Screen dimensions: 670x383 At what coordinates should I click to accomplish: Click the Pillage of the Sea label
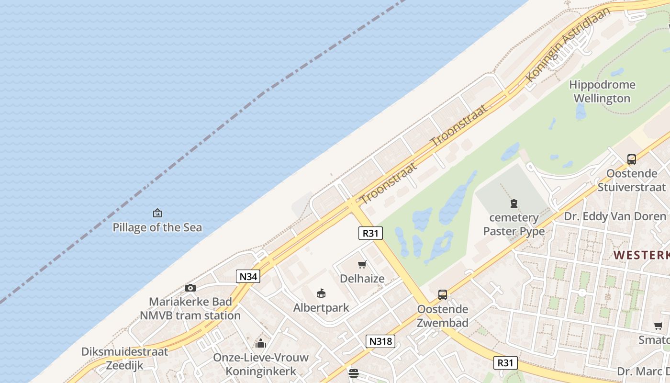coord(157,227)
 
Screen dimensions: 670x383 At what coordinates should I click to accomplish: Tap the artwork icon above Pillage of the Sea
coord(157,213)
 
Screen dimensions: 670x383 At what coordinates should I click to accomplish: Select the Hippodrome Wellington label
coord(602,91)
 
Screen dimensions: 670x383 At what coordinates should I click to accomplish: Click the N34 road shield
coord(248,276)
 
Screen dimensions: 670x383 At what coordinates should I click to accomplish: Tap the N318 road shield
coord(381,341)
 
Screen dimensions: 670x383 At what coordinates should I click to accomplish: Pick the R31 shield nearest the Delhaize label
coord(370,233)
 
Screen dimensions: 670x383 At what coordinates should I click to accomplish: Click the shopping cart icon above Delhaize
coord(362,265)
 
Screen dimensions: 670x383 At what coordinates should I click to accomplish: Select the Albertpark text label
coord(321,307)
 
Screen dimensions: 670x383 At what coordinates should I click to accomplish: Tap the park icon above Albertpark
coord(321,293)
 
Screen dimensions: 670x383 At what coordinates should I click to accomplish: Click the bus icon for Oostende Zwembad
coord(443,295)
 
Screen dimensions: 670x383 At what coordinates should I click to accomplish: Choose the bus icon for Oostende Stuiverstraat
coord(631,159)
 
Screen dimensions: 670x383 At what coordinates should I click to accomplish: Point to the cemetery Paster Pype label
coord(514,225)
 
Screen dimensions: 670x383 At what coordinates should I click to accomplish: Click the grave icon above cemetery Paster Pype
coord(514,204)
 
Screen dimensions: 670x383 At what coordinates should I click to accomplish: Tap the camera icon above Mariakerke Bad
coord(190,288)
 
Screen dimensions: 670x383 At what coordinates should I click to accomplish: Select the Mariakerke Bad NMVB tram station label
coord(190,309)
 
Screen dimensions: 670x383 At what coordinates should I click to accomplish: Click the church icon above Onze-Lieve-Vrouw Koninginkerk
coord(261,343)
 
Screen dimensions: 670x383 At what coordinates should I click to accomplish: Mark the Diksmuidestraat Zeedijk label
coord(124,359)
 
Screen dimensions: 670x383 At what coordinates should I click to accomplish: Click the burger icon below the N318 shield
coord(354,373)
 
